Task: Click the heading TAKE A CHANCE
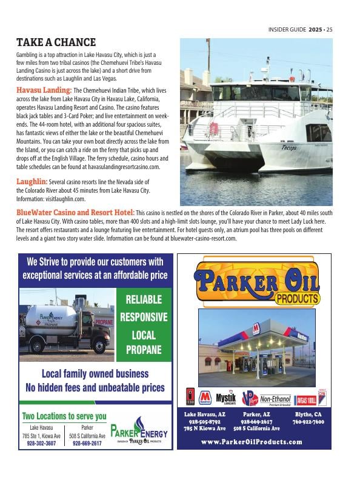point(56,42)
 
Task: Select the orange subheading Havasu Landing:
point(44,90)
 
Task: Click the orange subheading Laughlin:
point(32,181)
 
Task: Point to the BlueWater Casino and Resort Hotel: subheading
point(75,213)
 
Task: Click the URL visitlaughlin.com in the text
point(64,198)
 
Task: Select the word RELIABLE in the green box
point(143,299)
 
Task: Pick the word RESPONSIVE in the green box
point(143,316)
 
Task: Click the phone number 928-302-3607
point(41,443)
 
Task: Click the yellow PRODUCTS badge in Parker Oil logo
point(297,298)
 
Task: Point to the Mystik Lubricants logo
point(226,398)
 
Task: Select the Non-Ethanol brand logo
point(276,399)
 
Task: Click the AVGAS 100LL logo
point(303,399)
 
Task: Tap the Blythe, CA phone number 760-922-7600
point(308,422)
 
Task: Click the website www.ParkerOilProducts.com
point(253,442)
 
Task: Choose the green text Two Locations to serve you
point(64,416)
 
